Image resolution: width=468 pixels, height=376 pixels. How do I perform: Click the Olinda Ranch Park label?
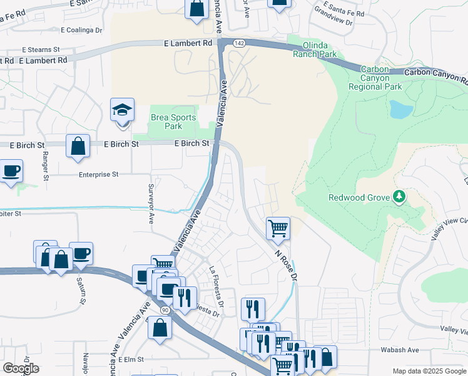point(315,50)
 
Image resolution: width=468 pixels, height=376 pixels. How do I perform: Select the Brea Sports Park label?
point(173,121)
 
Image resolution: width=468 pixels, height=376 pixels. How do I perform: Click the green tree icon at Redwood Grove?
point(399,197)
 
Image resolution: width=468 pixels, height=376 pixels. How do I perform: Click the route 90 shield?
point(165,310)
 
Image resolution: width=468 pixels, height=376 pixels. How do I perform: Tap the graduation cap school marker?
point(123,111)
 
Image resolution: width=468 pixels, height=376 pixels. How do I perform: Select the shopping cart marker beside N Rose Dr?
point(278,229)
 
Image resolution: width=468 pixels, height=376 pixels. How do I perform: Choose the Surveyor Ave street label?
point(151,204)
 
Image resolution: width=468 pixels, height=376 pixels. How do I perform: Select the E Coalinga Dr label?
point(81,29)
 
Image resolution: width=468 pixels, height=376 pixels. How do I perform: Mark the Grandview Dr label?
point(333,11)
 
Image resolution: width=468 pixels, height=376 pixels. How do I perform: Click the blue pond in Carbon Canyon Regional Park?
point(400,110)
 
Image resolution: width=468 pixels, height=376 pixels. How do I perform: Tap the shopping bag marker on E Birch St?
point(78,147)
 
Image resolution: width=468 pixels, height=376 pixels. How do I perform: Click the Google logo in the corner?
point(21,368)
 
